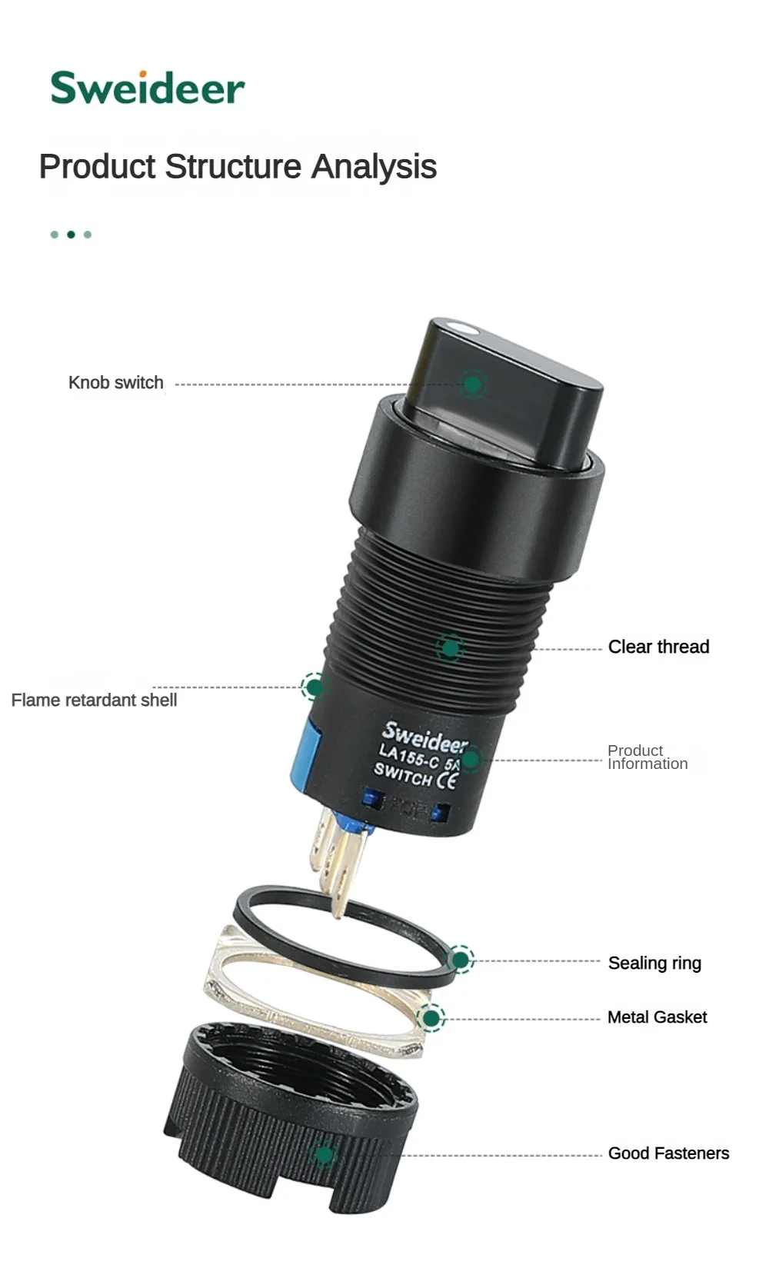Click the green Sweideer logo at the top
[148, 88]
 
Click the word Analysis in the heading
[374, 167]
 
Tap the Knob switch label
[115, 382]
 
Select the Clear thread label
[658, 647]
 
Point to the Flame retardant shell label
[95, 700]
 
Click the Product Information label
[647, 757]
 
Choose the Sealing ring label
[654, 963]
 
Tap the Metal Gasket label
[657, 1017]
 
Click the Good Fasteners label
[668, 1153]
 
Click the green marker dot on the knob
[473, 384]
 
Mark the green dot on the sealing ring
[461, 960]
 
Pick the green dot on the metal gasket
[431, 1018]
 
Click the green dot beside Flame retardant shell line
[314, 687]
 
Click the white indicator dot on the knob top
[464, 329]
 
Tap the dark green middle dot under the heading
[72, 235]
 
